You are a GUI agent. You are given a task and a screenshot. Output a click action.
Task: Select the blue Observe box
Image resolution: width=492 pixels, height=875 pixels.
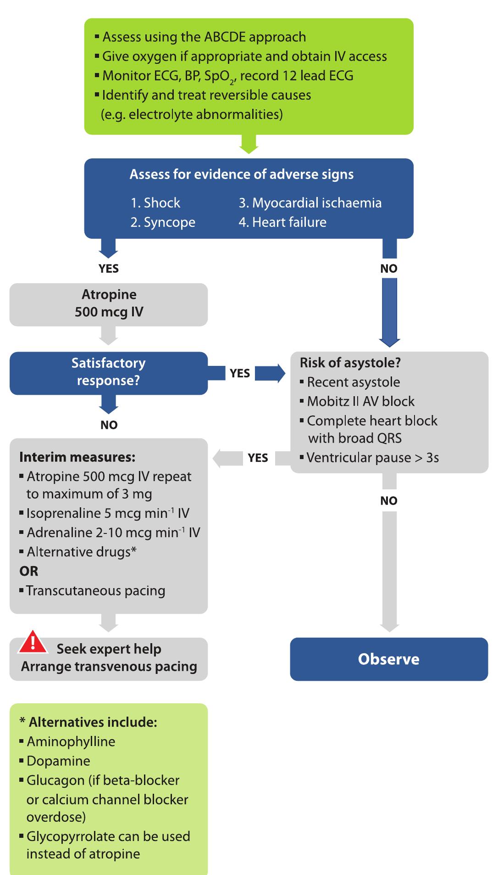click(388, 659)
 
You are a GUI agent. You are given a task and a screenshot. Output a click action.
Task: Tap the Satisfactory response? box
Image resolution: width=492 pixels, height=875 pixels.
click(108, 372)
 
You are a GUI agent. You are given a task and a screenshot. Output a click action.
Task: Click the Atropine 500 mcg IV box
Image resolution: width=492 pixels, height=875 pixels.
click(108, 304)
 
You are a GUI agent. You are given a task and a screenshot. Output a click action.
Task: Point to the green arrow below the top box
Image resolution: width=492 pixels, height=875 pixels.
click(249, 144)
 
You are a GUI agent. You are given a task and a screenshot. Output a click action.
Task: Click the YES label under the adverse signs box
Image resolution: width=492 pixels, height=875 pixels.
click(109, 269)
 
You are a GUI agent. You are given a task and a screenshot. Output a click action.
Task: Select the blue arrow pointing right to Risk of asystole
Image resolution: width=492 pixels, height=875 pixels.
click(270, 373)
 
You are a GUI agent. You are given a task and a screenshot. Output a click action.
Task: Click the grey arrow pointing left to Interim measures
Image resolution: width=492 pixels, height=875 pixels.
click(227, 458)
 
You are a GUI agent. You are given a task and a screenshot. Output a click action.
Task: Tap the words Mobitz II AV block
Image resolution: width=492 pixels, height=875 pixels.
click(360, 401)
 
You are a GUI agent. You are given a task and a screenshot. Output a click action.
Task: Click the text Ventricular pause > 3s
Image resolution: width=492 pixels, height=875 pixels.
click(372, 458)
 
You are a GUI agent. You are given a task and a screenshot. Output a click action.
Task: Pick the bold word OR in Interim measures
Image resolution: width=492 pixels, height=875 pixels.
click(28, 571)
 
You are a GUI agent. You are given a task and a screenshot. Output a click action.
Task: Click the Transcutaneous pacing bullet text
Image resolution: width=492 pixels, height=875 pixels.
click(95, 590)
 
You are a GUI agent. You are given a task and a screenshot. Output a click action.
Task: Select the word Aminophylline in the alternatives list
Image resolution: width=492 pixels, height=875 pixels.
click(71, 741)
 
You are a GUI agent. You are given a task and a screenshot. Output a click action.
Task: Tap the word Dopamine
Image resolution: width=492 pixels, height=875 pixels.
click(58, 761)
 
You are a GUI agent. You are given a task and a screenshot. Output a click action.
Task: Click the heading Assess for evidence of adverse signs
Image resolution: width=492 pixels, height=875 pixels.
click(241, 174)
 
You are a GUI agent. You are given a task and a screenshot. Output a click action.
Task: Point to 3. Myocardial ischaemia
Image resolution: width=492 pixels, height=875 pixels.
click(310, 203)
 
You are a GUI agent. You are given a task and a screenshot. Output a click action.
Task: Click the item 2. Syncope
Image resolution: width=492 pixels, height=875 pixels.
click(163, 222)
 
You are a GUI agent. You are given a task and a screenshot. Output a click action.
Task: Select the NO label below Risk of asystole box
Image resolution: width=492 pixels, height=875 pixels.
click(388, 500)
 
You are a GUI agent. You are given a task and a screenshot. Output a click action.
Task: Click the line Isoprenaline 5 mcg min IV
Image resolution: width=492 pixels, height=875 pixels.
click(108, 513)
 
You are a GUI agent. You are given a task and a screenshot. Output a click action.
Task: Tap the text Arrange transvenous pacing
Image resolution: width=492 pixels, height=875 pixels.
click(109, 667)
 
